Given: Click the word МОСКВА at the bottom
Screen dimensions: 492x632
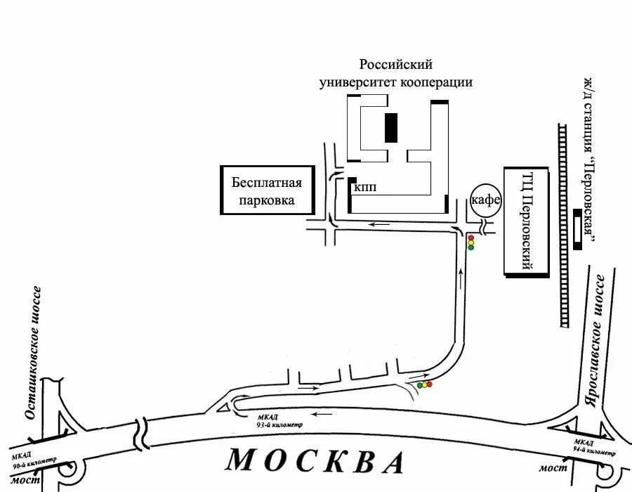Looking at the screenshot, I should click(x=315, y=460).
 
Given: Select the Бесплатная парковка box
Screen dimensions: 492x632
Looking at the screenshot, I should click(x=267, y=191).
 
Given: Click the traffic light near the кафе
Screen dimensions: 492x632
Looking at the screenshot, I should click(x=470, y=242).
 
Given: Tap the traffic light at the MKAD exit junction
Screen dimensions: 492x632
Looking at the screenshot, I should click(x=424, y=385).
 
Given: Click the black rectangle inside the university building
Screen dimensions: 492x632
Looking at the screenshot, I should click(x=390, y=127).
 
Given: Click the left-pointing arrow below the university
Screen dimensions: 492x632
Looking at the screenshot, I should click(x=379, y=225).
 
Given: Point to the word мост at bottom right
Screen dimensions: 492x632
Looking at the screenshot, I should click(x=548, y=468).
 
